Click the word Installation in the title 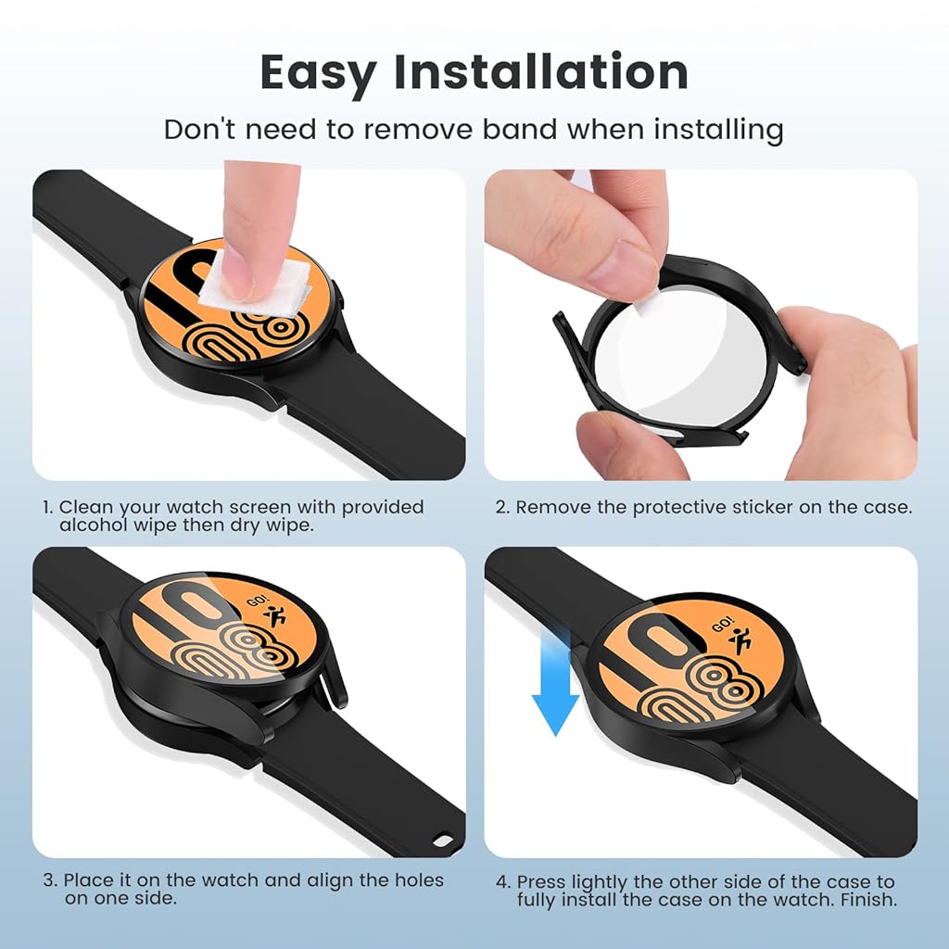tap(541, 72)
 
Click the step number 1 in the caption tap(46, 508)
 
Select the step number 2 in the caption tap(500, 508)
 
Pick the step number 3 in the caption tap(47, 880)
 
